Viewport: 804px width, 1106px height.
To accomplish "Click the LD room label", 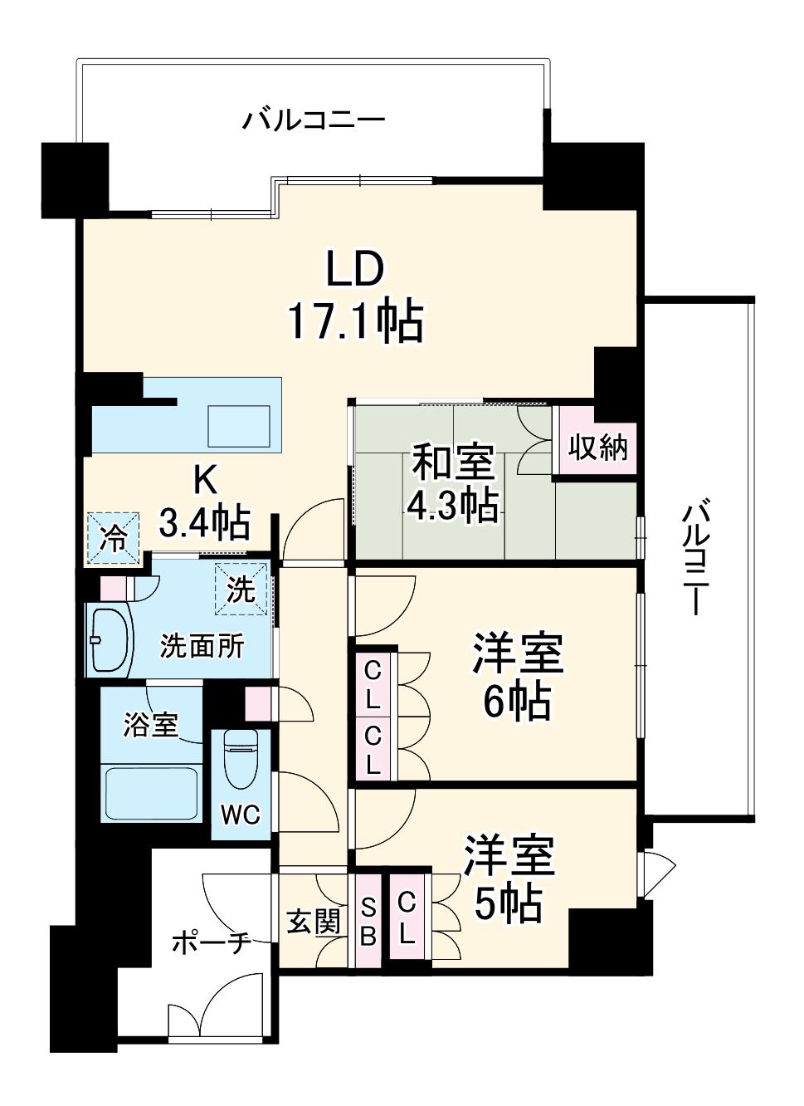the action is click(x=355, y=267).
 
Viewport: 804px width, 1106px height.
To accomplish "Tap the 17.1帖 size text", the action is click(x=356, y=322).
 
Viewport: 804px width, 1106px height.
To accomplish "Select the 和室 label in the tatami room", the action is click(x=453, y=462).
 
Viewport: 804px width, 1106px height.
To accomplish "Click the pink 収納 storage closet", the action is click(x=597, y=448).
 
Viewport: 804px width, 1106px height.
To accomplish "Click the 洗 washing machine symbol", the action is click(x=241, y=590).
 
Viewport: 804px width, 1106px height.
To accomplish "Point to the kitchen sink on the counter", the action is click(x=239, y=426).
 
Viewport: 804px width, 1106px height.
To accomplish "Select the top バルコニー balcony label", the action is click(x=313, y=121).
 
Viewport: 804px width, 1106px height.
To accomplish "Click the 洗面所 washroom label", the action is click(x=202, y=646).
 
